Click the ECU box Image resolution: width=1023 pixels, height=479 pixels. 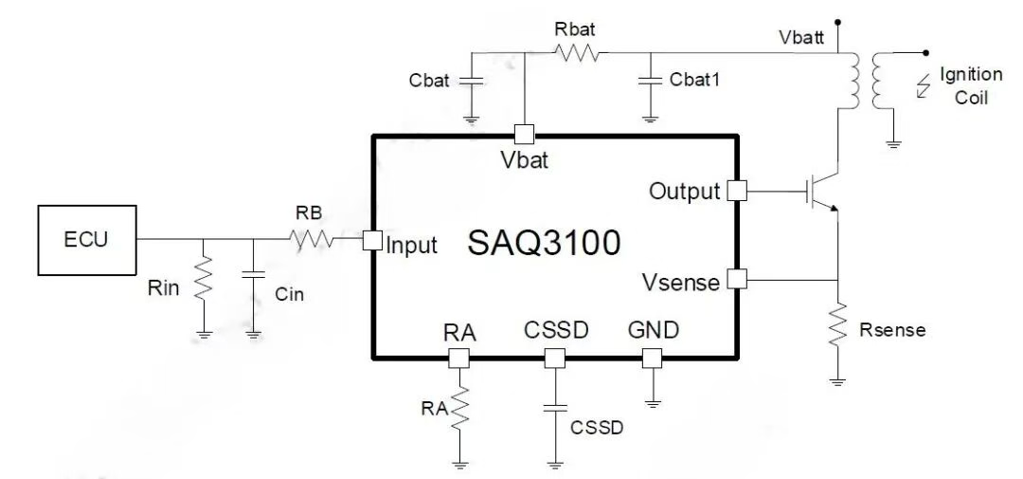coord(86,238)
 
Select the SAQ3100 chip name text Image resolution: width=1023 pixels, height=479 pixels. coord(545,244)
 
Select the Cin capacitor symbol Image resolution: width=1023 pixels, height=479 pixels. coord(253,274)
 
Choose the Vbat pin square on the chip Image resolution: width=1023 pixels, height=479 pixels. coord(524,135)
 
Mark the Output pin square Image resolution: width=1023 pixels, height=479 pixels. coord(736,191)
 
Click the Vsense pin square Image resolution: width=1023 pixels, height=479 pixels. coord(736,279)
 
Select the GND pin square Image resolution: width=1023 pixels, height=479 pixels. coord(652,358)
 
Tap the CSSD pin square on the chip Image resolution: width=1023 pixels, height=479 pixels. coord(554,358)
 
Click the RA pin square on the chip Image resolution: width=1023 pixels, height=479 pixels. coord(458,358)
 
